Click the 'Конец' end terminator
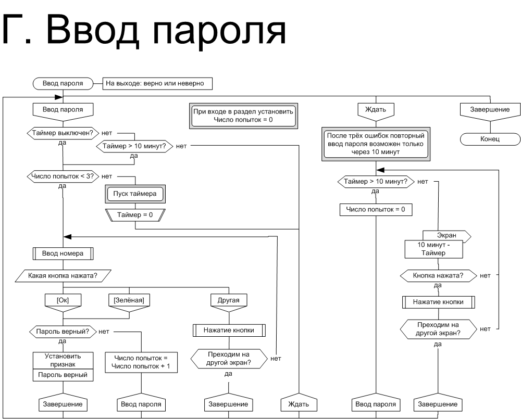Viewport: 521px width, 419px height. [490, 139]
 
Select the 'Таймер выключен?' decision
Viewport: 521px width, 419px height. [63, 133]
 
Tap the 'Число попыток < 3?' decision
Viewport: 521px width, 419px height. [63, 176]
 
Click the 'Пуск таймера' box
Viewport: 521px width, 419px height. [135, 194]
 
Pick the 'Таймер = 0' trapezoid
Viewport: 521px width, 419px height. [135, 215]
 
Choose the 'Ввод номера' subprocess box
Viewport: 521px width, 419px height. [63, 253]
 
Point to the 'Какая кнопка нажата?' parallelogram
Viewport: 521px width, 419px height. [63, 275]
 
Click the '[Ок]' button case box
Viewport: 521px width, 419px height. [63, 303]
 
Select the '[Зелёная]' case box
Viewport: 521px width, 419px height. [129, 303]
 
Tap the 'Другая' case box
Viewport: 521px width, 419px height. [229, 303]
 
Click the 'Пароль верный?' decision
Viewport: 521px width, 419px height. [63, 332]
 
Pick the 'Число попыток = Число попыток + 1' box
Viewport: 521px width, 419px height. [141, 362]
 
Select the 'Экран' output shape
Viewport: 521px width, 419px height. [447, 236]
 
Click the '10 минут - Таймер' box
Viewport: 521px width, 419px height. [433, 249]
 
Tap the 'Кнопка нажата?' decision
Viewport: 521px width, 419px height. [438, 275]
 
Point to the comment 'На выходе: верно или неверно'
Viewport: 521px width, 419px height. [157, 83]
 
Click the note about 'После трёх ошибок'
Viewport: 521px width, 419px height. [376, 144]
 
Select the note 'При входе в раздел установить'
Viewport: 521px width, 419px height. [243, 116]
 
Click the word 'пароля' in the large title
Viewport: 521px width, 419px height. [219, 31]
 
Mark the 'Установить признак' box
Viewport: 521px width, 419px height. [63, 361]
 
